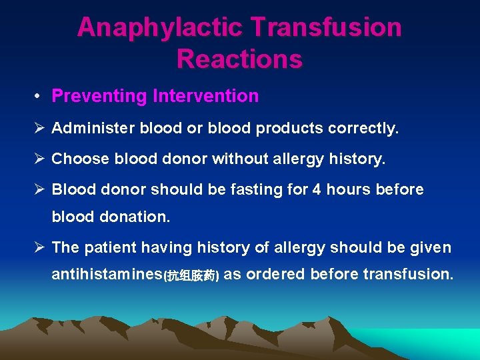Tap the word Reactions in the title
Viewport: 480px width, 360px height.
click(x=239, y=59)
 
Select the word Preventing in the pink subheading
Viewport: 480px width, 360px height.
click(x=99, y=96)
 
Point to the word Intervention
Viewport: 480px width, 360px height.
click(x=205, y=96)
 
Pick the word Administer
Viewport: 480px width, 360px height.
click(x=93, y=128)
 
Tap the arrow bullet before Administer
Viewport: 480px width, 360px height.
click(x=40, y=128)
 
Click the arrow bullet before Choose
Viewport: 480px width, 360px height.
click(x=40, y=159)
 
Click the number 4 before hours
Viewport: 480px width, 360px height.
click(x=316, y=190)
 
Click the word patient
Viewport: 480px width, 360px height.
click(x=111, y=248)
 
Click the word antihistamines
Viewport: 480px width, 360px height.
click(x=107, y=274)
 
